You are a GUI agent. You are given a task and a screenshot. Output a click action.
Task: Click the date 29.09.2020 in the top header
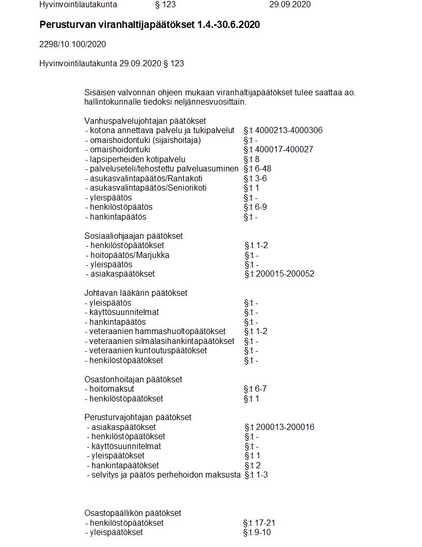[x=290, y=5]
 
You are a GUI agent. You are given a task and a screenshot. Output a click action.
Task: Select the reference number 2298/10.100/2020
[x=72, y=45]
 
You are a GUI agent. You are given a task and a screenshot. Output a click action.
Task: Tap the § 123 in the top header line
[x=165, y=5]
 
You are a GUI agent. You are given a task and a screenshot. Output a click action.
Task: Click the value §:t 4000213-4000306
[x=283, y=131]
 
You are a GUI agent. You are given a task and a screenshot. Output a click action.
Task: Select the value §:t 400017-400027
[x=278, y=150]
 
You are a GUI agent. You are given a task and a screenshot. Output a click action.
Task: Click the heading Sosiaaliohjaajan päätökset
[x=133, y=236]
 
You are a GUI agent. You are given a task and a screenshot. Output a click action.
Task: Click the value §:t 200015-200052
[x=279, y=274]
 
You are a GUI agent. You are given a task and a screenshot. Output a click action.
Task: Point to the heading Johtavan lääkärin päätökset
[x=135, y=293]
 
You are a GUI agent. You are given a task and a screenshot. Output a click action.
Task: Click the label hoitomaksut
[x=105, y=389]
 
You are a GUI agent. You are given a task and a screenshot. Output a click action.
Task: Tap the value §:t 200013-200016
[x=279, y=427]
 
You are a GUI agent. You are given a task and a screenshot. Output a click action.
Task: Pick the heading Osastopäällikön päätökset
[x=132, y=513]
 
